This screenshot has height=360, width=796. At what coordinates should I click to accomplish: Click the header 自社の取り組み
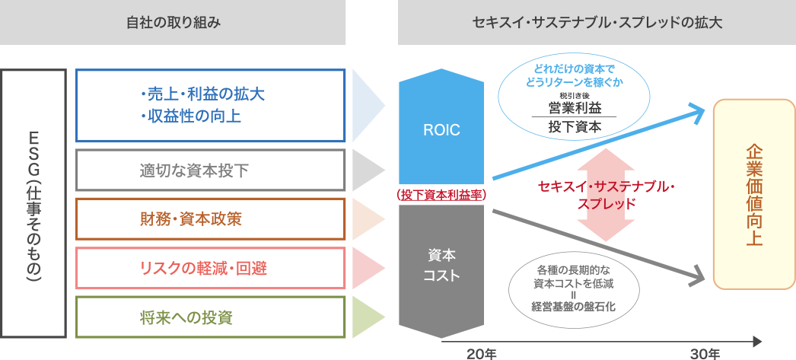174,23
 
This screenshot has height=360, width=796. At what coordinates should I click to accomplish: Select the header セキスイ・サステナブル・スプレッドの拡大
597,23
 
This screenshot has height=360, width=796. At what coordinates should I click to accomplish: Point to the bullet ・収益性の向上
190,116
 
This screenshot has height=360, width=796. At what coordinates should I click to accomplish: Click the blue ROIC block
441,129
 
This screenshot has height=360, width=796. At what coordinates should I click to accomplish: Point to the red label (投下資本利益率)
441,195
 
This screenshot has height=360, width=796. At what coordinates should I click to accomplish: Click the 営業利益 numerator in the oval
575,107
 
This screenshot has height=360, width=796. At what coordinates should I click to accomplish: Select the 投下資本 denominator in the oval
575,127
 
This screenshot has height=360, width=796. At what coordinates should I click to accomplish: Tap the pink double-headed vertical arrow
606,195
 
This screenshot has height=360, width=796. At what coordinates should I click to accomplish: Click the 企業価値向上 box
753,194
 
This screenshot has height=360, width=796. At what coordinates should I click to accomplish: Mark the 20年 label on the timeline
481,353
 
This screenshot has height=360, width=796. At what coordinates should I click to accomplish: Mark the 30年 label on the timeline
705,353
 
